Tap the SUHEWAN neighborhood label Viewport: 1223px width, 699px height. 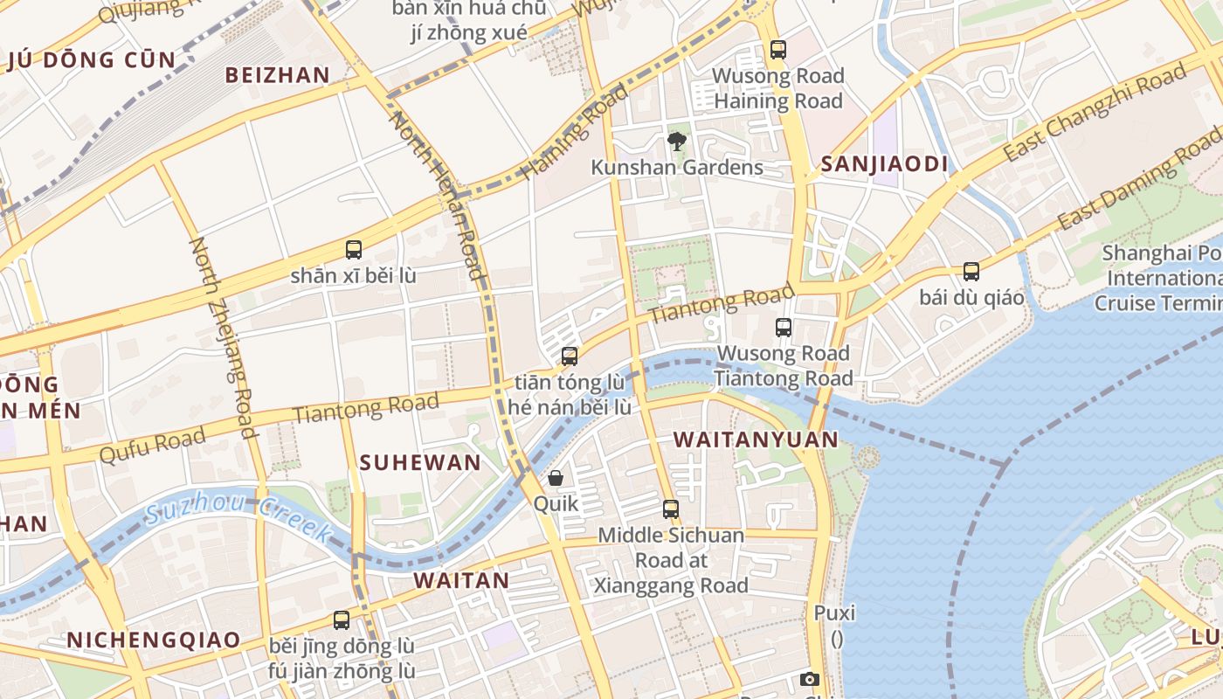(x=420, y=463)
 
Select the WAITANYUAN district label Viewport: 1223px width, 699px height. (x=757, y=439)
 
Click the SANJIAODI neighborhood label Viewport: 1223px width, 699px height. (x=884, y=164)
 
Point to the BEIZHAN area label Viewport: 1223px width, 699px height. (x=278, y=75)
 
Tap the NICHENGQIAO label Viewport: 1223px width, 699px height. (x=154, y=640)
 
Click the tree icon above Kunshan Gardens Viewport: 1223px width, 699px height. (x=676, y=141)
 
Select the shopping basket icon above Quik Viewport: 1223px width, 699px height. (x=556, y=478)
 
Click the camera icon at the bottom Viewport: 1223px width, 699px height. (x=810, y=679)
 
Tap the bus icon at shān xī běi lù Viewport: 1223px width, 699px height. (x=353, y=250)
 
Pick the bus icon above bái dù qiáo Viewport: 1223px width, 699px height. (x=971, y=272)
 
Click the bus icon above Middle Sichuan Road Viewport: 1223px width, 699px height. (x=670, y=509)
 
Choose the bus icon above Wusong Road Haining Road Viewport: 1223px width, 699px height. (x=777, y=50)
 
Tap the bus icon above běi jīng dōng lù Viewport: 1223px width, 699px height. (x=342, y=620)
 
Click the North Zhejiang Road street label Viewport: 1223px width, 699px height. (x=224, y=336)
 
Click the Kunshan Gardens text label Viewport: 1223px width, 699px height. (x=677, y=167)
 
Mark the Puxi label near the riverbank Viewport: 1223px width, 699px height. (x=834, y=612)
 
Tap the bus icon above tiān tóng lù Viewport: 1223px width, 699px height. (x=570, y=356)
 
